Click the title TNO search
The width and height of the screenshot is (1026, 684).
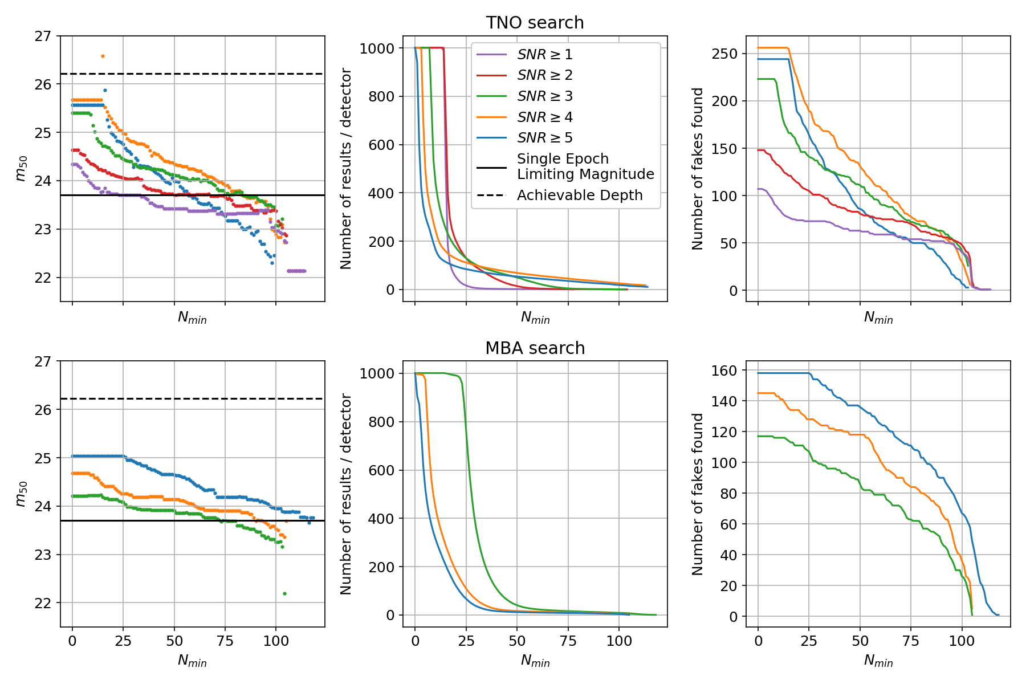535,23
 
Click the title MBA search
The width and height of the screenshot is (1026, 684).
535,348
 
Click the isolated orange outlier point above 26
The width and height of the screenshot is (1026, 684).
103,56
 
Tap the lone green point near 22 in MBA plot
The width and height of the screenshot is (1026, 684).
284,594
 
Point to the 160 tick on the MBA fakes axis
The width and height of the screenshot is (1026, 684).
724,370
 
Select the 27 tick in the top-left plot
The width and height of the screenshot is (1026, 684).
43,36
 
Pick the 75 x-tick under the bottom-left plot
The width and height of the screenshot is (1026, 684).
225,641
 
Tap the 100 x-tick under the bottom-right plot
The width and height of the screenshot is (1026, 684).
962,641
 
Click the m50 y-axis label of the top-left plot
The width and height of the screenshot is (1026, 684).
21,169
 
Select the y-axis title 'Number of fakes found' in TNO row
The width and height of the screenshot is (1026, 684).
698,169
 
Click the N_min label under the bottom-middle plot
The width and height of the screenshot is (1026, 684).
535,661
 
